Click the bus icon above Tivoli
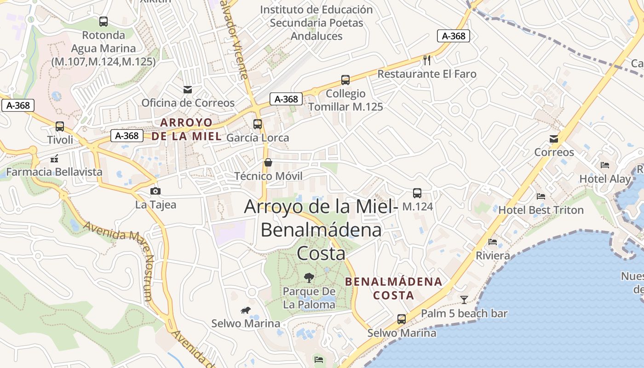click(x=59, y=126)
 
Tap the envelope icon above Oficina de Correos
click(x=188, y=89)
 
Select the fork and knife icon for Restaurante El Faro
click(x=427, y=60)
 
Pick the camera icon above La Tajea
click(x=155, y=191)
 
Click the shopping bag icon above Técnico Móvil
click(x=268, y=162)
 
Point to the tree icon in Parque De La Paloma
click(x=309, y=277)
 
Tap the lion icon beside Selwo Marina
click(x=245, y=310)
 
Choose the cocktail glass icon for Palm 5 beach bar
click(x=464, y=300)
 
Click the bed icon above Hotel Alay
click(x=605, y=165)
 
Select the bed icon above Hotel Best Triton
click(x=541, y=196)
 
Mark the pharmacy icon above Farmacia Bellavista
click(x=54, y=159)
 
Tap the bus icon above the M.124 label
click(x=417, y=193)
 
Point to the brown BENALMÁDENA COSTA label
click(x=394, y=288)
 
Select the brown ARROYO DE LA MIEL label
click(x=186, y=129)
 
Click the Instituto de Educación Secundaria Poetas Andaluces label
click(x=316, y=23)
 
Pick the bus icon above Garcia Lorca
click(x=258, y=124)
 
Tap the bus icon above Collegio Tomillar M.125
click(x=345, y=80)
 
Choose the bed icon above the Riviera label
click(x=493, y=241)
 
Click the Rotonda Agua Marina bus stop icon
click(x=103, y=21)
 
